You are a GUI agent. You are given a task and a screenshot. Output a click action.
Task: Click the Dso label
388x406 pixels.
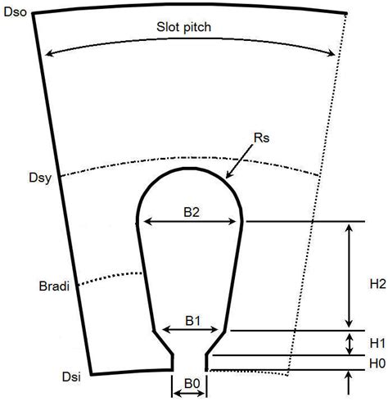pos(16,12)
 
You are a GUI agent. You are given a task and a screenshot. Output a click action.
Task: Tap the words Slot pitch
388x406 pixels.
pos(183,27)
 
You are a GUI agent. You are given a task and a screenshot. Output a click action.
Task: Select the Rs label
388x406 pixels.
pos(261,138)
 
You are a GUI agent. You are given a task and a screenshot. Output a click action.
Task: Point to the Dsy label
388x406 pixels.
pos(40,178)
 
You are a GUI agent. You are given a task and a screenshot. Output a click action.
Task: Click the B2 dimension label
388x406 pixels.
pos(192,212)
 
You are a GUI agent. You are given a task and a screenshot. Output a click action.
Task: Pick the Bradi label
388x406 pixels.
pos(54,286)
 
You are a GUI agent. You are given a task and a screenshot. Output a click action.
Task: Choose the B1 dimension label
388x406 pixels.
pos(193,321)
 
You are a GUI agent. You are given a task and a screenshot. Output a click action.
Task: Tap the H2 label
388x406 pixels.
pos(378,284)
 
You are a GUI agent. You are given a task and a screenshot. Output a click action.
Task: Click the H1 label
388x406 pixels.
pos(377,343)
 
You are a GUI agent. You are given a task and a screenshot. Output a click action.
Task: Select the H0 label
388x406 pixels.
pos(377,363)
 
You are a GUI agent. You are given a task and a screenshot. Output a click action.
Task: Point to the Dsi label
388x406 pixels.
pos(71,377)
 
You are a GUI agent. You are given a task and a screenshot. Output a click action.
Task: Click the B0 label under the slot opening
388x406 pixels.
pos(192,384)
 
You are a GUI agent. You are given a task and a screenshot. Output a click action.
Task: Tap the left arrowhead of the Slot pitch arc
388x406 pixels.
pos(49,53)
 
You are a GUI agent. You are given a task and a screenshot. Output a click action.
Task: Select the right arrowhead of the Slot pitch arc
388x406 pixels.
pos(332,52)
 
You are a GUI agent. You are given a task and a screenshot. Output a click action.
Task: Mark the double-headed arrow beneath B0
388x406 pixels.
pos(189,394)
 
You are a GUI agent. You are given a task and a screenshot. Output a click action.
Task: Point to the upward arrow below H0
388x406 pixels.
pos(349,382)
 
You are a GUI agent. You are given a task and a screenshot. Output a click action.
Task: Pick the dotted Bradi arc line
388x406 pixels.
pos(110,277)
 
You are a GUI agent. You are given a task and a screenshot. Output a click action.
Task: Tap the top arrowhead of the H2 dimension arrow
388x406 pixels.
pos(349,228)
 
